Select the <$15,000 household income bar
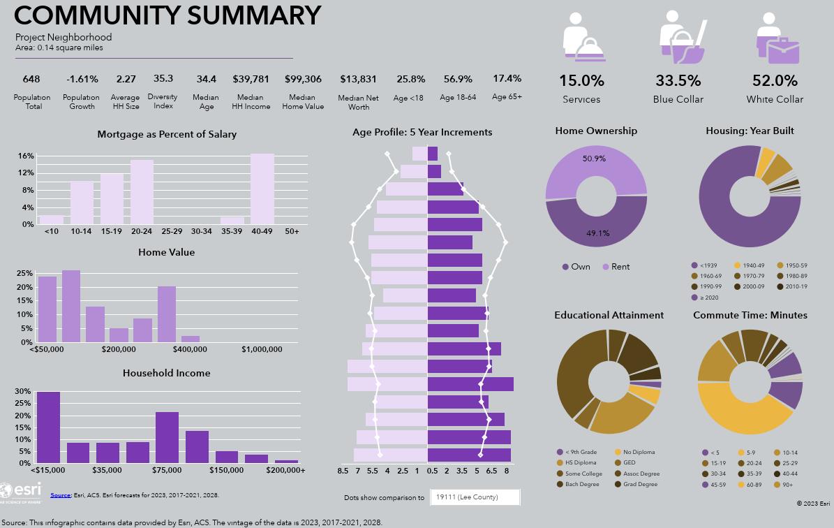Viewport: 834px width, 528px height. coord(48,427)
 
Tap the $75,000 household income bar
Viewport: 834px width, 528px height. coord(167,437)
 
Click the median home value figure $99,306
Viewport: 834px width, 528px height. coord(303,79)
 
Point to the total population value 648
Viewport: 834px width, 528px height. coord(31,79)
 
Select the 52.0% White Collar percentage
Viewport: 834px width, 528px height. coord(775,80)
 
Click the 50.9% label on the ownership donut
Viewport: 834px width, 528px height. coord(594,159)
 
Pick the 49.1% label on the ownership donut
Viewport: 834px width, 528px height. coord(597,233)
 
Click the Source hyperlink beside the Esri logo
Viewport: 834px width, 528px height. coord(60,495)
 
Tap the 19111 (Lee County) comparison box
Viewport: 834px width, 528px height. coord(475,497)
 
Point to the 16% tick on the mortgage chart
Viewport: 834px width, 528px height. coord(26,156)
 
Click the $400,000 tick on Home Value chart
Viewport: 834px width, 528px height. coord(190,349)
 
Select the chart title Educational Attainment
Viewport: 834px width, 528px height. coord(609,315)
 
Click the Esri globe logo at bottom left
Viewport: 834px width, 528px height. coord(6,490)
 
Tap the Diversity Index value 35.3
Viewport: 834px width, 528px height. coord(163,79)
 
